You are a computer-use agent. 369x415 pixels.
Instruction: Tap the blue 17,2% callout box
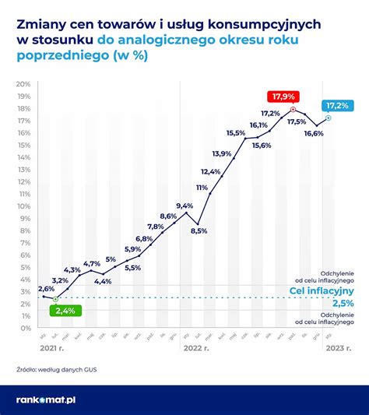pyautogui.click(x=337, y=104)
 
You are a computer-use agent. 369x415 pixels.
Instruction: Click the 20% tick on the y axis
pyautogui.click(x=23, y=84)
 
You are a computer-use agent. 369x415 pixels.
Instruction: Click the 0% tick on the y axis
pyautogui.click(x=25, y=328)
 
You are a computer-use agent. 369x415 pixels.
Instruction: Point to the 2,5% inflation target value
pyautogui.click(x=343, y=303)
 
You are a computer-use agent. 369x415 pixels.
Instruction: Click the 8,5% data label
pyautogui.click(x=199, y=231)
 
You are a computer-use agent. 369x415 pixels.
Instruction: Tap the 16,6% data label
pyautogui.click(x=314, y=134)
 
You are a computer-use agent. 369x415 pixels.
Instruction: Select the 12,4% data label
pyautogui.click(x=210, y=171)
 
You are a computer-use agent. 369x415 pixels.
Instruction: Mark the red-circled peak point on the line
pyautogui.click(x=293, y=110)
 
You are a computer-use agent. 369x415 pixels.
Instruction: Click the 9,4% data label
pyautogui.click(x=184, y=206)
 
